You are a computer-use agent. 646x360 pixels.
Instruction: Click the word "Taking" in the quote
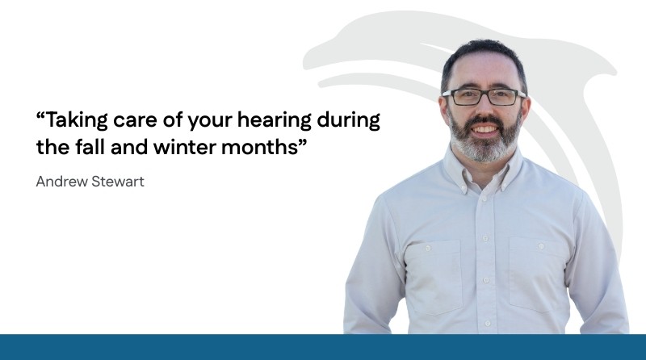[x=76, y=121]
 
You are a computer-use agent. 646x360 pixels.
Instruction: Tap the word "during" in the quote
[x=349, y=121]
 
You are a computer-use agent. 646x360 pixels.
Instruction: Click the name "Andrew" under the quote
[x=61, y=182]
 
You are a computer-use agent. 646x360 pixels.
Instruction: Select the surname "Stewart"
[x=118, y=182]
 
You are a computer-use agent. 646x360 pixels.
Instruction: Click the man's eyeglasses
[x=484, y=97]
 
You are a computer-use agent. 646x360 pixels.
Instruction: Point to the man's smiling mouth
[x=485, y=129]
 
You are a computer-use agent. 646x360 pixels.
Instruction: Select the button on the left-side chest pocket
[x=429, y=248]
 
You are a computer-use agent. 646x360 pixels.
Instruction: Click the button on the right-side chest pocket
[x=541, y=246]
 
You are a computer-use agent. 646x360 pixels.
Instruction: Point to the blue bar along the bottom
[x=323, y=347]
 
